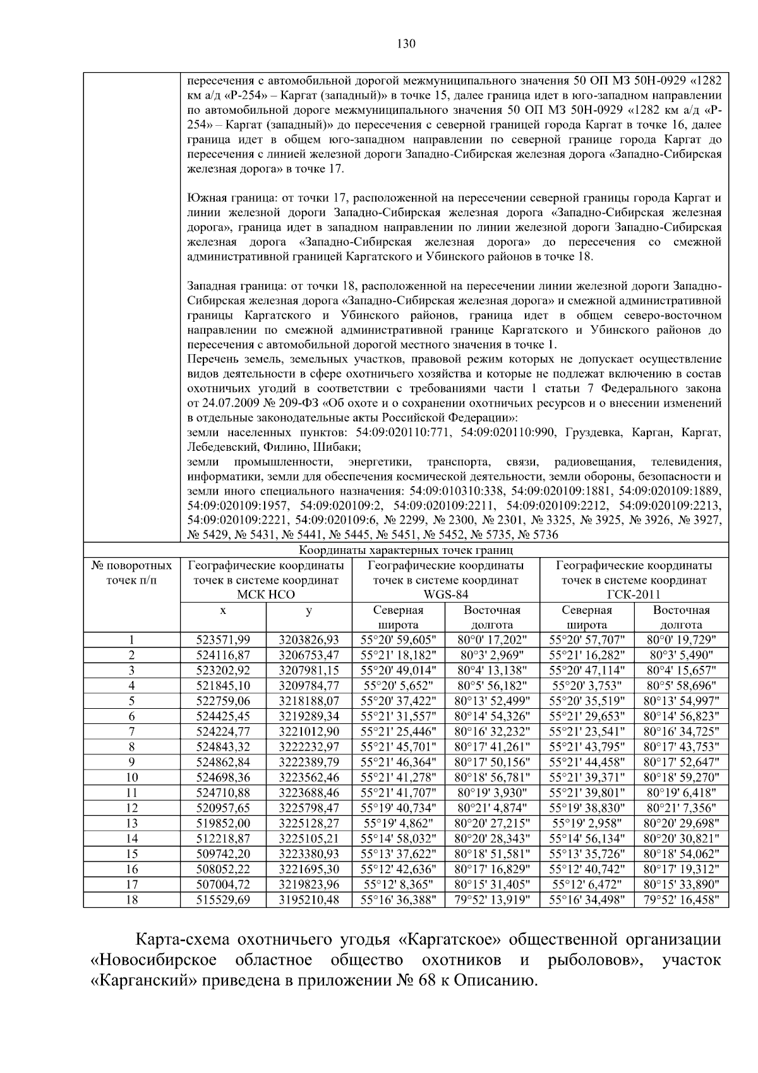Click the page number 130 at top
click(407, 43)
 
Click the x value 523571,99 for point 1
click(223, 639)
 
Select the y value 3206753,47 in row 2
click(309, 654)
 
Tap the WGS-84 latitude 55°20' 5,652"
click(398, 685)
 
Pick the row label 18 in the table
click(131, 898)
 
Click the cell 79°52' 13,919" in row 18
click(492, 898)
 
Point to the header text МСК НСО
click(265, 595)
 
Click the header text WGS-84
click(445, 595)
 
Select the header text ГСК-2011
click(634, 595)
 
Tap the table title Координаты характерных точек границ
click(406, 550)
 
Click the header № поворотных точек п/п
click(131, 572)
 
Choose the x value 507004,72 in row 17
click(223, 883)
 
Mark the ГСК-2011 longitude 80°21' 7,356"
click(681, 807)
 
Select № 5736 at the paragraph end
click(538, 535)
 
